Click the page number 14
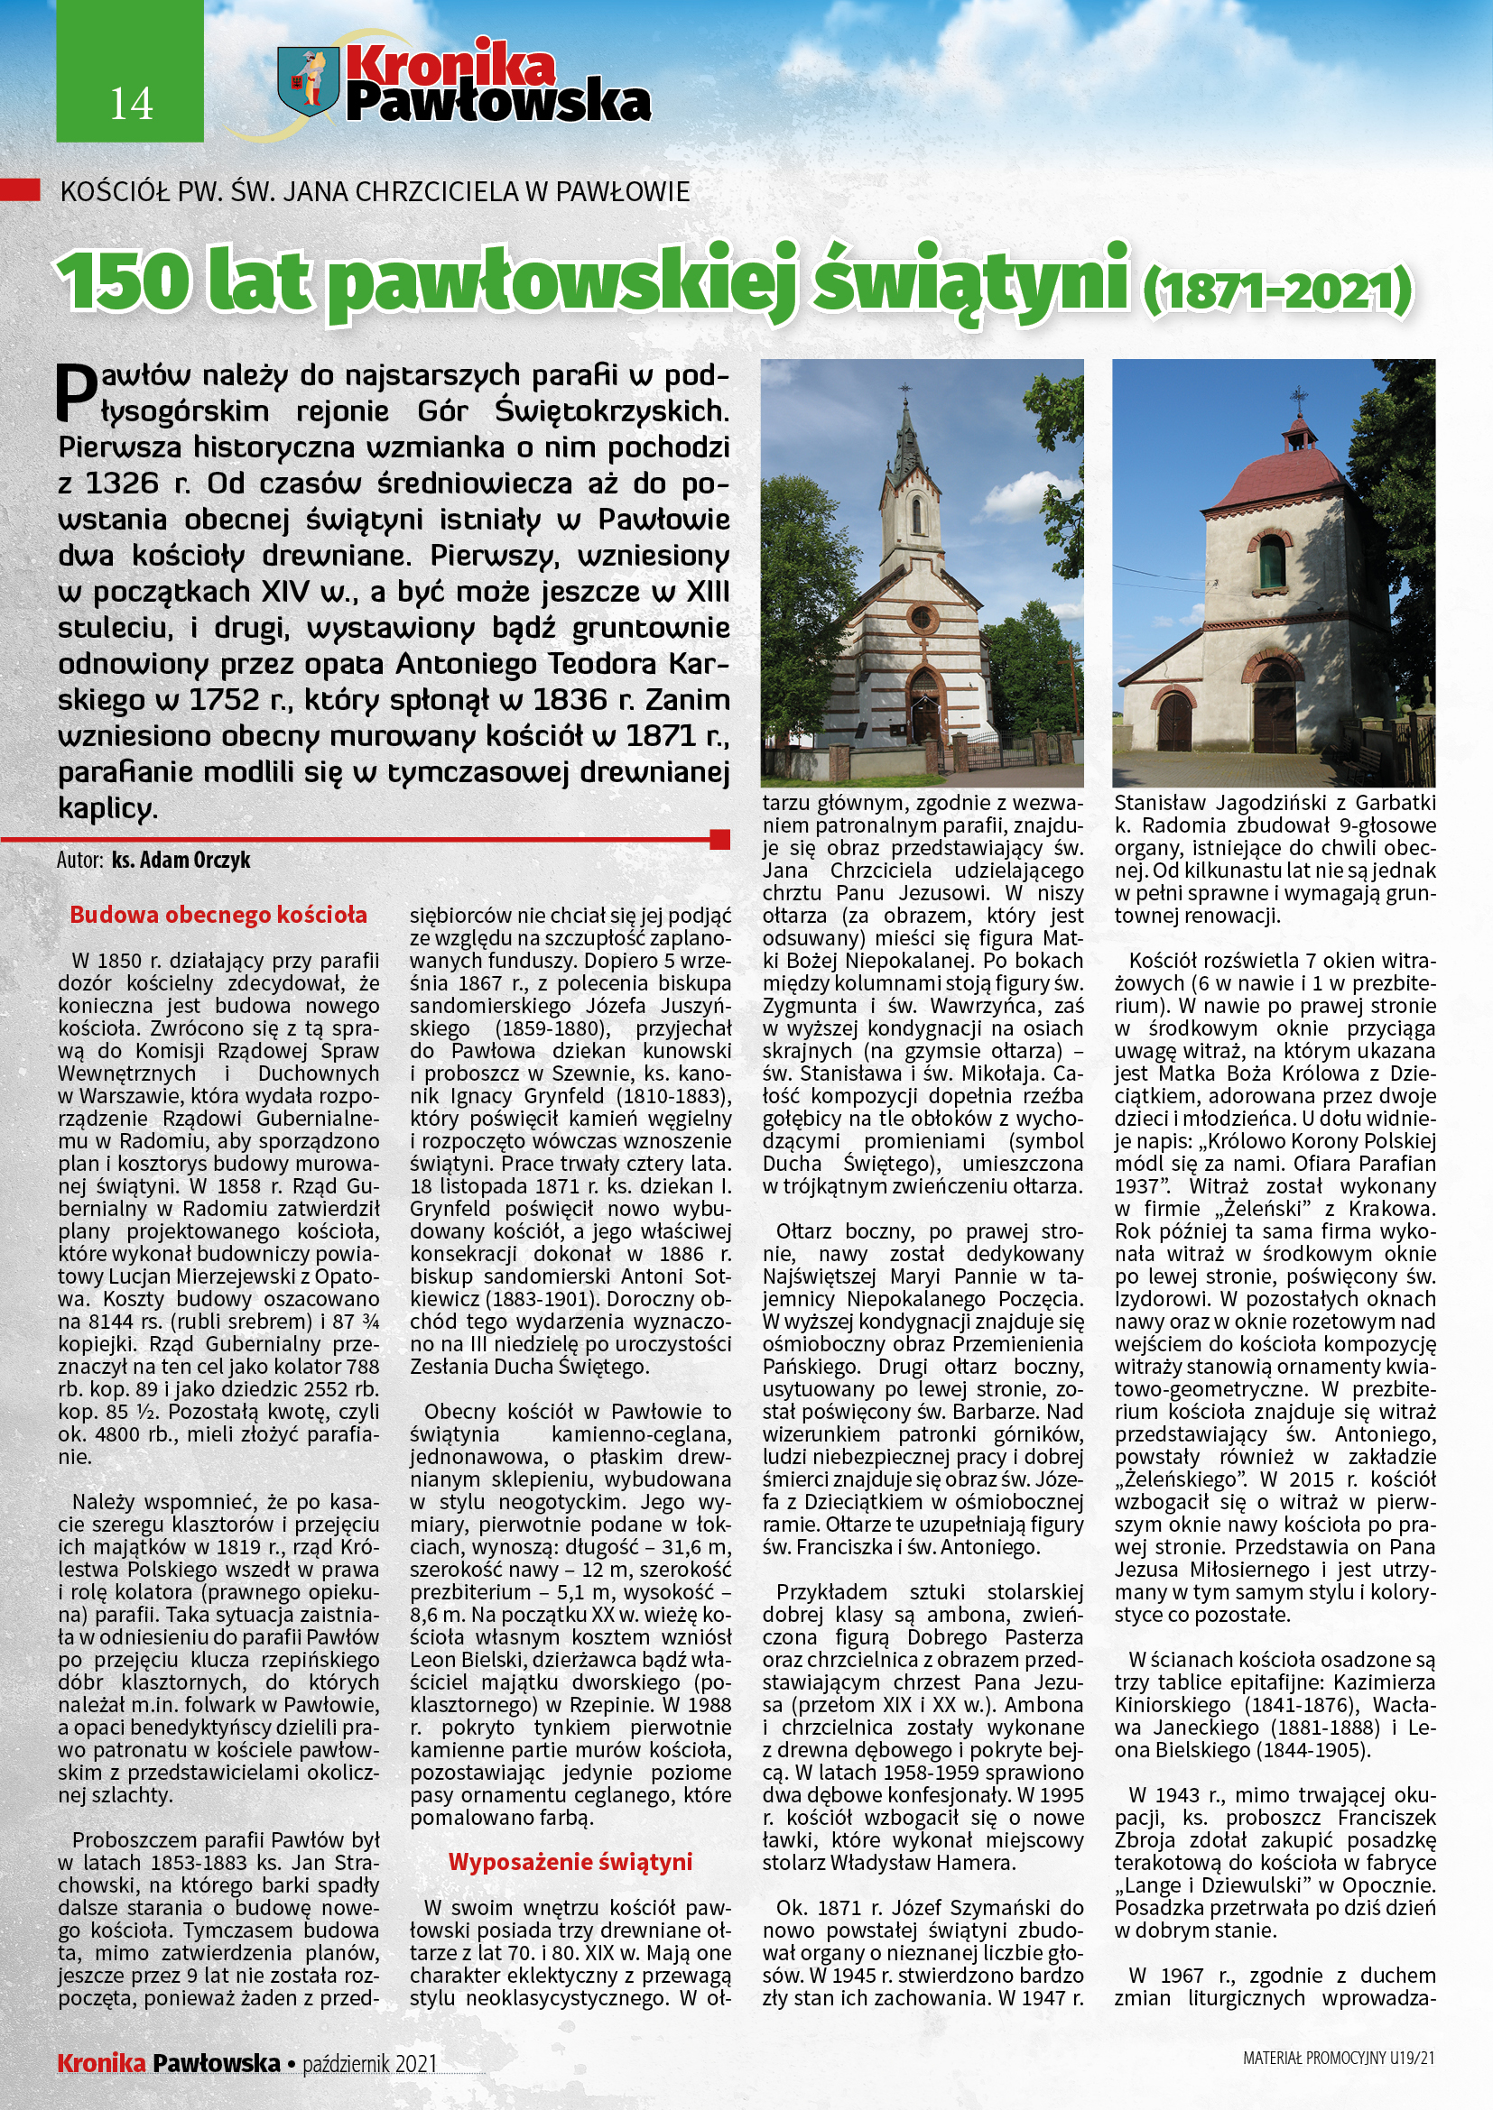tap(131, 104)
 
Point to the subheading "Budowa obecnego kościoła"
tap(218, 916)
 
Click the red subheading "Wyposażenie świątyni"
tap(570, 1862)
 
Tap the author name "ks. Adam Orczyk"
tap(181, 861)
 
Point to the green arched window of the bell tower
tap(1273, 563)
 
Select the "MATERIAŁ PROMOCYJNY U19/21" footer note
tap(1339, 2059)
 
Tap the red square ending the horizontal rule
tap(720, 839)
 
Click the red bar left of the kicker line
tap(20, 189)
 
